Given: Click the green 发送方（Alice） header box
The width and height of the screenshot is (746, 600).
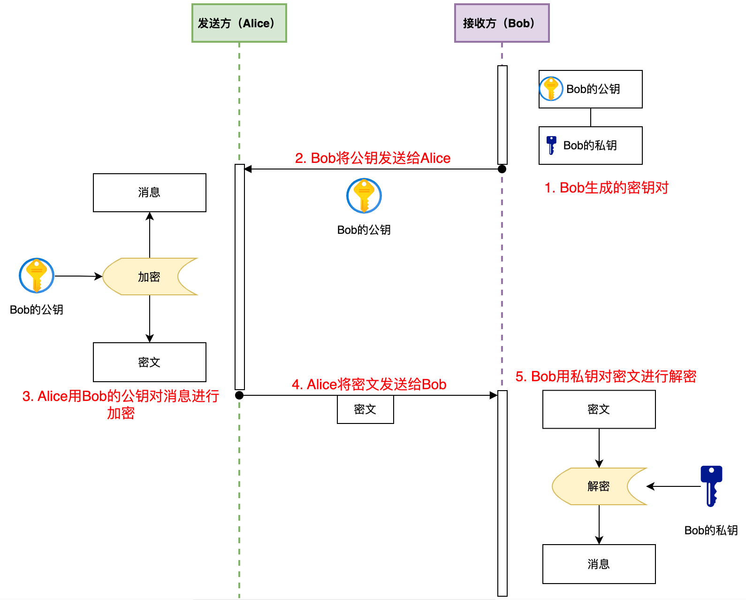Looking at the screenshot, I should (239, 23).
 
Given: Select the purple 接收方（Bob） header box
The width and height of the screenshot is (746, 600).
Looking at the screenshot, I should (502, 23).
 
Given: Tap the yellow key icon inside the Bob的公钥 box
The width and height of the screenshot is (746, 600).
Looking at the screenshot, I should (551, 89).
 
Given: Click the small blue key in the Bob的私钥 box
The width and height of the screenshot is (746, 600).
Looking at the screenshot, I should (551, 145).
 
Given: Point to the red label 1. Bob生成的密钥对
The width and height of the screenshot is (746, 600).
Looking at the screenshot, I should (606, 188).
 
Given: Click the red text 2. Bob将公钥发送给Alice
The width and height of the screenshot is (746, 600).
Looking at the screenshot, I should (373, 158).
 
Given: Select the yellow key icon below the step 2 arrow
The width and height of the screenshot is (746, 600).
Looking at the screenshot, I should (364, 196).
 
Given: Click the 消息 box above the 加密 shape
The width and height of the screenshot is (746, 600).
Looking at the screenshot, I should (150, 192).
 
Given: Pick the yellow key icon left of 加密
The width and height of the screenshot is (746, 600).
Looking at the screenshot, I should (37, 276).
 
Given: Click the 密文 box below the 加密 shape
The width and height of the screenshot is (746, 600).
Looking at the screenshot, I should (150, 362).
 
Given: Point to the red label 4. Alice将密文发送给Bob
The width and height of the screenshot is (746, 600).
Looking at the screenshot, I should (369, 385).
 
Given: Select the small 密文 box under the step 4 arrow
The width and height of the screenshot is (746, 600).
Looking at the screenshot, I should (365, 409).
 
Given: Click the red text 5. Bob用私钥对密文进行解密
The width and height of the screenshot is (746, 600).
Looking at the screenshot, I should (606, 377).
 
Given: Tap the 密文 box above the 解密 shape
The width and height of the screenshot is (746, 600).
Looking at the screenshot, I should (599, 409).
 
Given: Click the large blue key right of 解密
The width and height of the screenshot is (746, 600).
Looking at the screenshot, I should (711, 486).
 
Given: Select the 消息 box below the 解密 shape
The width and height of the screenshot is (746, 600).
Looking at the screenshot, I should (599, 564).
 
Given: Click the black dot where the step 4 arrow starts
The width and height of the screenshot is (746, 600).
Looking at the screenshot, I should (239, 395).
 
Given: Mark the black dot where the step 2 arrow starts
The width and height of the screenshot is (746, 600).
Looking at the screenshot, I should (502, 169).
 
